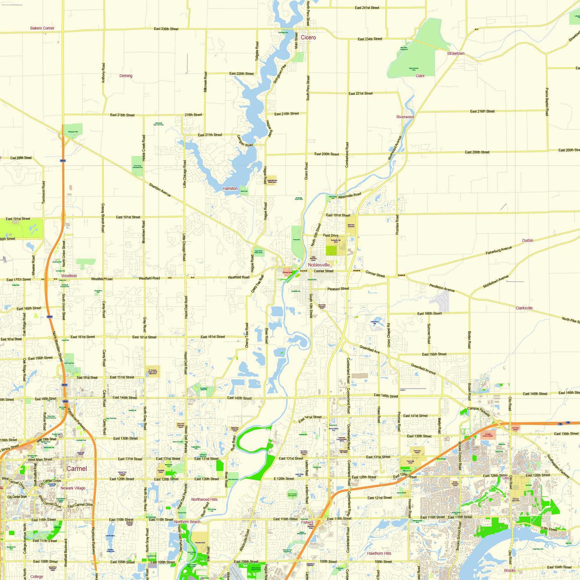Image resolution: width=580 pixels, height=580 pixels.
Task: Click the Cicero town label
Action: coord(308,37)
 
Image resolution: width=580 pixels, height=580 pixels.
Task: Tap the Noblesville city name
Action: coord(318,265)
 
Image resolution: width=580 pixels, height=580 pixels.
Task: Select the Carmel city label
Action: coord(77,469)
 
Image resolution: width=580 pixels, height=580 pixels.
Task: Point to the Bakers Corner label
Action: coord(42,28)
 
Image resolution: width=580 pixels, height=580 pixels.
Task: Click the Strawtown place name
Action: coord(455,53)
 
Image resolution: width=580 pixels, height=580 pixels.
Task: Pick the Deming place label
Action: coord(126,76)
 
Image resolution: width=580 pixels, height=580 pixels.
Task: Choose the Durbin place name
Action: coord(528,240)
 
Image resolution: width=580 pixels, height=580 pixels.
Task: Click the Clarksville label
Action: coord(524,308)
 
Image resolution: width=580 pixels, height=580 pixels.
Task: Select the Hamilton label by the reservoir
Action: coord(230,188)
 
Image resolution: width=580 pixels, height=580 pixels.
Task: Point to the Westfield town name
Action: coord(69,276)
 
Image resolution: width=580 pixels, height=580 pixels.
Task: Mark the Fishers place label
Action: coord(307,522)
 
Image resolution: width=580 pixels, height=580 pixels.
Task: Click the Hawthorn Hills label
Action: coord(379,553)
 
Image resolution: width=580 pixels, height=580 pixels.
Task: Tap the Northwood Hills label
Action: coord(204,499)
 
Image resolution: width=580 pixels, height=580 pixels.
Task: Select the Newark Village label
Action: coord(73,488)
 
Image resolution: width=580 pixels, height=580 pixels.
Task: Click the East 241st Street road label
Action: coord(367,8)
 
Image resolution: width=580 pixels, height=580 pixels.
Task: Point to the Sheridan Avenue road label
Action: coord(160,190)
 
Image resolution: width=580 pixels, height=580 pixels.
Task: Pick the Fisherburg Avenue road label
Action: coord(498,251)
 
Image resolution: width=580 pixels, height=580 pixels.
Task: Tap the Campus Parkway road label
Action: coord(479,411)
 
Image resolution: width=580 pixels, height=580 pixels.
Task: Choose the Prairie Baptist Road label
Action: coord(547,102)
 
